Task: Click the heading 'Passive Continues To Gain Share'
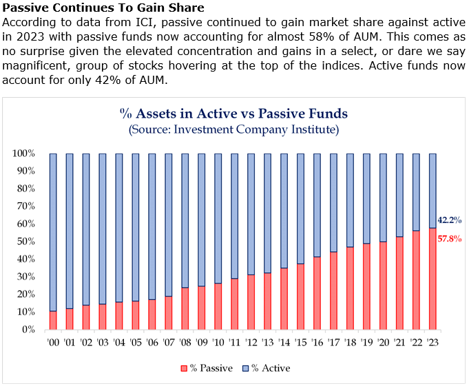(103, 8)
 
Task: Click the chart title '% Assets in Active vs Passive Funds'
(233, 114)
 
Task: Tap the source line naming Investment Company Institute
(233, 129)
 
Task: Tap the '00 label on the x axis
(53, 342)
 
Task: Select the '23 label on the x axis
(432, 342)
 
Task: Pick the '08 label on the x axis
(185, 342)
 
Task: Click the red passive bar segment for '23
(432, 279)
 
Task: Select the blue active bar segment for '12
(251, 214)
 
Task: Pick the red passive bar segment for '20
(383, 286)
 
